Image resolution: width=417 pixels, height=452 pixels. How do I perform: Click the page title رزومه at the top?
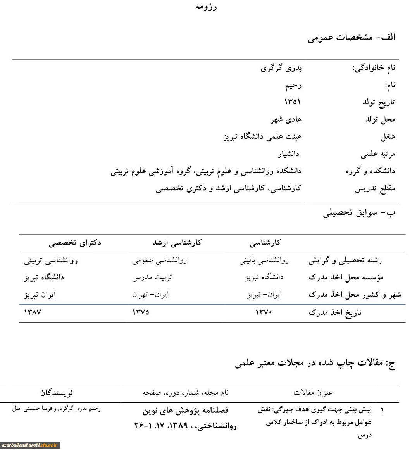click(x=206, y=7)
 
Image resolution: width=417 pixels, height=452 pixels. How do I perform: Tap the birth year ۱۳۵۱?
click(x=293, y=102)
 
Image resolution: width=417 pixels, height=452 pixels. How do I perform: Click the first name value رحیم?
click(x=293, y=85)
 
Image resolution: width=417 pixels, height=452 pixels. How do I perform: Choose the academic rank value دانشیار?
click(x=288, y=154)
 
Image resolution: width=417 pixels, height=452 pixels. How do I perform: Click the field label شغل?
click(x=388, y=136)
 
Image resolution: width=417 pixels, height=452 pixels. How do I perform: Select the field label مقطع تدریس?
click(x=375, y=189)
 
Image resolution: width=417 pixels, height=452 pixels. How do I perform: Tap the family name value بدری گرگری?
click(x=281, y=68)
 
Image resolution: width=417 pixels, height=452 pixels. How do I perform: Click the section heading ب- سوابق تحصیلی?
click(x=359, y=213)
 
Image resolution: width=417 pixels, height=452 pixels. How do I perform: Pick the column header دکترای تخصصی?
click(x=75, y=243)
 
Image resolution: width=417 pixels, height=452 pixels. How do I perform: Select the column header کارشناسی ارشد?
click(x=177, y=243)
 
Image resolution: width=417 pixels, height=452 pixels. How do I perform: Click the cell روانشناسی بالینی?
click(x=264, y=261)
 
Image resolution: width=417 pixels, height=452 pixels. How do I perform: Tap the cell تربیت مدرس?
click(x=152, y=278)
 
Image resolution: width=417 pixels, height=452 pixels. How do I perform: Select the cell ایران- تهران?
click(x=150, y=295)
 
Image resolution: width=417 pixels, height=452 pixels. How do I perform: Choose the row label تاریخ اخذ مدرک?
click(x=335, y=312)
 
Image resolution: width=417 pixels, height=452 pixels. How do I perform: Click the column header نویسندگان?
click(x=57, y=393)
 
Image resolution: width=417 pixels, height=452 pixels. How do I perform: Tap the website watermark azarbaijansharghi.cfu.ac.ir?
click(x=30, y=445)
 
